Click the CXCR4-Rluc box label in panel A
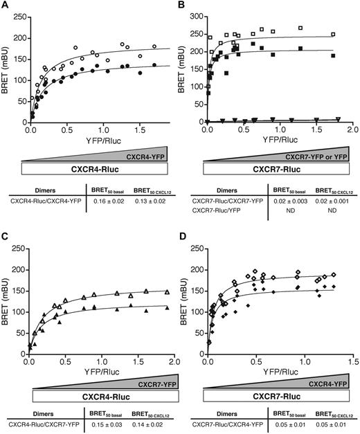pyautogui.click(x=95, y=168)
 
